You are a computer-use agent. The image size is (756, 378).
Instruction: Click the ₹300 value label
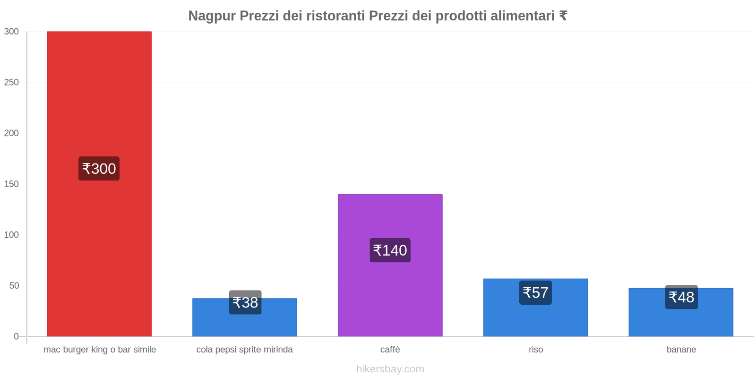pos(99,169)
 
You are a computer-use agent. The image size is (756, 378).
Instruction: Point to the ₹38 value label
pos(245,302)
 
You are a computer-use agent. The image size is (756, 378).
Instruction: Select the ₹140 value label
pos(390,250)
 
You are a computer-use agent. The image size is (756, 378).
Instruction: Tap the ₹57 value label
pos(535,293)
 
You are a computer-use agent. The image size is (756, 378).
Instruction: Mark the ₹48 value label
pos(681,297)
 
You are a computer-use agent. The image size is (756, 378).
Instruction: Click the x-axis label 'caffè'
pos(390,350)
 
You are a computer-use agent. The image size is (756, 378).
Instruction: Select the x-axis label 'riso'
pos(536,350)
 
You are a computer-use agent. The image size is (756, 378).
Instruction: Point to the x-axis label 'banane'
pos(681,350)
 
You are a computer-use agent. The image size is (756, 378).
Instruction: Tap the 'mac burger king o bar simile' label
pos(100,350)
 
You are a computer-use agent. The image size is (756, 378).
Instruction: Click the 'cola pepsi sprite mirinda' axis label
pos(245,350)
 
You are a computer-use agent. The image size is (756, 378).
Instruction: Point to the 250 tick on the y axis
pos(11,82)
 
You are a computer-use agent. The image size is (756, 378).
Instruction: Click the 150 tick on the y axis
pos(11,184)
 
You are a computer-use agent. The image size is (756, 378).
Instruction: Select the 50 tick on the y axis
pos(14,285)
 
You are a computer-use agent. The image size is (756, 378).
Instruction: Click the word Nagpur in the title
pos(212,16)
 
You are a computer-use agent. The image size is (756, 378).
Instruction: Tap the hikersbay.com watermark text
pos(390,369)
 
